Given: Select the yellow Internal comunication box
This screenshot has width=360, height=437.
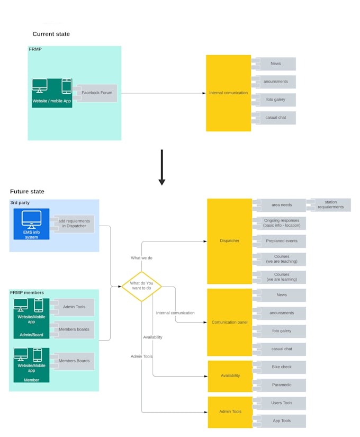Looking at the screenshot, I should coord(228,93).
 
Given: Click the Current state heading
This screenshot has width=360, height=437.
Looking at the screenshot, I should coord(51,34).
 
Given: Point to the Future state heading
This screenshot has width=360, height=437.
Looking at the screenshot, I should coord(27,191).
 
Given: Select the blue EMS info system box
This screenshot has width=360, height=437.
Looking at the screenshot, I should coord(31,224).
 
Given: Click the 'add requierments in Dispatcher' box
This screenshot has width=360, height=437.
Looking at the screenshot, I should coord(74,224).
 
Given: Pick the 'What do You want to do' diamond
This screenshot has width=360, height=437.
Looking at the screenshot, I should coord(141,287).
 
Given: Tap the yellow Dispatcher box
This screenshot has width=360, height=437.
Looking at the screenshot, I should coord(229,241).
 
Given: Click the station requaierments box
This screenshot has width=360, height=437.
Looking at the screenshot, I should coord(330,205).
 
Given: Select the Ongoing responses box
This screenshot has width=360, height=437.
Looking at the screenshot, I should coord(281,223).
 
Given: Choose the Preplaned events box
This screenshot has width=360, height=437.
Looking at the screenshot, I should coord(281,241).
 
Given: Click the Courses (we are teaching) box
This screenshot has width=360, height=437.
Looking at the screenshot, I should coord(281,259).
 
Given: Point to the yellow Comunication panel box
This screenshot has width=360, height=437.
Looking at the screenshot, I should coord(229,322).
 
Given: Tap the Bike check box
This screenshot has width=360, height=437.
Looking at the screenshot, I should coord(281,367).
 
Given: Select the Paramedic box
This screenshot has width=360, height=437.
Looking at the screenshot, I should coord(281,385).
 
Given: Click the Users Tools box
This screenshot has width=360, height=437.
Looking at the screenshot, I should coord(281,403).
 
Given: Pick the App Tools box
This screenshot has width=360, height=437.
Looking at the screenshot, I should coord(281,421).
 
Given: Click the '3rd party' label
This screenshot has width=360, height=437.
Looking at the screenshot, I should coord(20,203).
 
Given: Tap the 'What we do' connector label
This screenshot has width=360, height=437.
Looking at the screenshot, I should coord(141,258).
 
